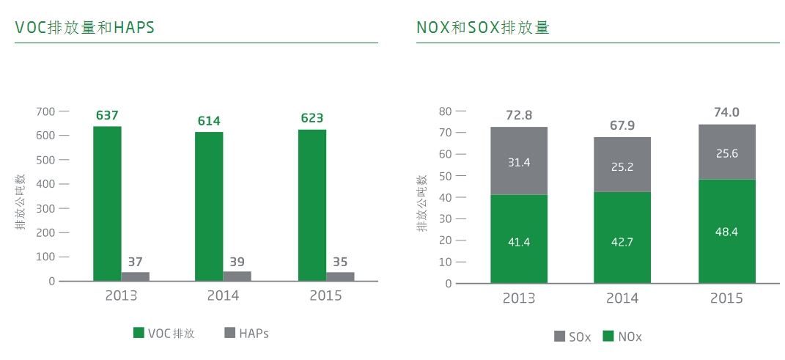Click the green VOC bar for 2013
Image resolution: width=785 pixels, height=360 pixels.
coord(107,203)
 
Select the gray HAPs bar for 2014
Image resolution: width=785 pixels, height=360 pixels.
coord(237,276)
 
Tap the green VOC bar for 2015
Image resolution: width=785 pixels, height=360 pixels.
coord(312,205)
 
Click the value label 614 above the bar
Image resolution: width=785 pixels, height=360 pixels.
coord(209,121)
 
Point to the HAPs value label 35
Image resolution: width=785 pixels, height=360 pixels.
coord(340,262)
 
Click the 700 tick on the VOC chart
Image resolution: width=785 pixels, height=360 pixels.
coord(46,111)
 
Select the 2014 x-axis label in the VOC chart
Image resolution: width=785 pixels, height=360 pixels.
coord(223,296)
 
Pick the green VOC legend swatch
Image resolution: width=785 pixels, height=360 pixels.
coord(139,333)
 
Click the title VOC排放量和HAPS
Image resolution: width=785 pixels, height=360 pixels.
coord(84,28)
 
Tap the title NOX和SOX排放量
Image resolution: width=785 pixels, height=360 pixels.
coord(482,28)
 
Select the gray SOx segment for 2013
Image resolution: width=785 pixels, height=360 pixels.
coord(519,161)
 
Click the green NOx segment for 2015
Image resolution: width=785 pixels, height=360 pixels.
coord(727,231)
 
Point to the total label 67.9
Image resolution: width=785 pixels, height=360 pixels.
coord(622,125)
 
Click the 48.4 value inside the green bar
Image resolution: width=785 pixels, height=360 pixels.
coord(727,232)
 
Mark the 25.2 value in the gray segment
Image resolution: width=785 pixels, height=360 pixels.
coord(622,166)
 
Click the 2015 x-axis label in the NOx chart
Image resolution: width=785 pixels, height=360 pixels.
coord(726,298)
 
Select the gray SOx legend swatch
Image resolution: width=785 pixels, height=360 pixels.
coord(559,337)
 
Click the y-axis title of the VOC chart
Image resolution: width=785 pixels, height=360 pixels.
coord(21,202)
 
